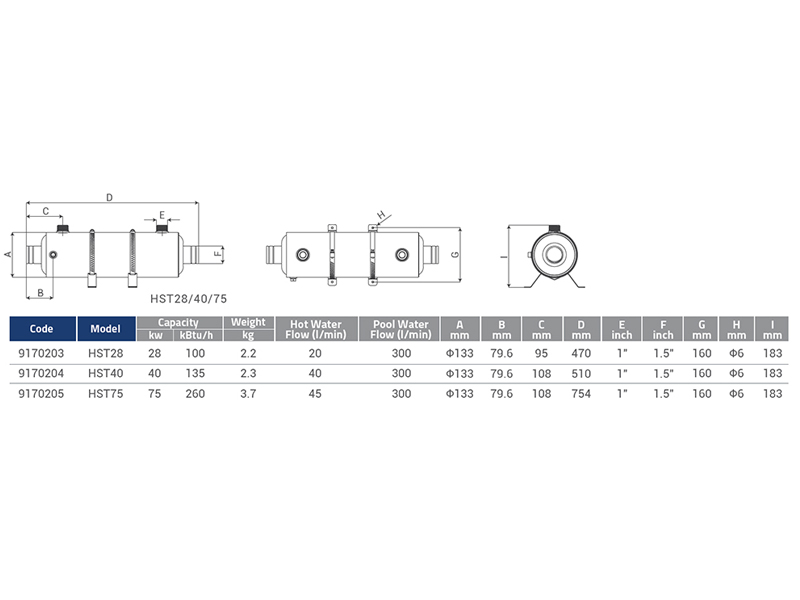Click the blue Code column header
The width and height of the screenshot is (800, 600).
click(x=42, y=329)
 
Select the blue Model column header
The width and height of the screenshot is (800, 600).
click(x=106, y=329)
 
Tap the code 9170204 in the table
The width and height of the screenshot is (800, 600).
click(x=41, y=373)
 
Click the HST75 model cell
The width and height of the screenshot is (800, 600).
click(x=106, y=394)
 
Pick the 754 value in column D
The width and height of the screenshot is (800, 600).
click(x=581, y=394)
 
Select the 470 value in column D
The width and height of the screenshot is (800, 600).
click(x=581, y=353)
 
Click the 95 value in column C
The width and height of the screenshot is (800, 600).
click(x=541, y=353)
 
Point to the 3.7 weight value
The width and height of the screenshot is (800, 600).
click(x=248, y=394)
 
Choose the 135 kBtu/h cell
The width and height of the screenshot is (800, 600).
click(x=195, y=373)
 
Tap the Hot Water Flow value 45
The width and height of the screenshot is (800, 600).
click(x=315, y=394)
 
